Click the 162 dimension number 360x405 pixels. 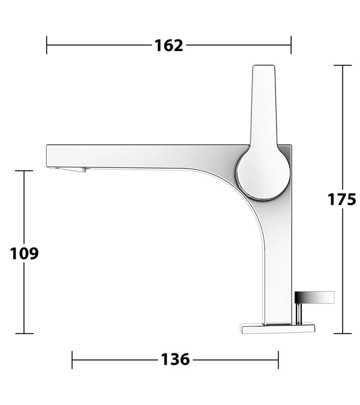(169, 46)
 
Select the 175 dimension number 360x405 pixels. (341, 199)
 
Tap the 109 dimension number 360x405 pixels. (24, 253)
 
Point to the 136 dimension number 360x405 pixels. (175, 359)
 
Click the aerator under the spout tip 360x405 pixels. (68, 169)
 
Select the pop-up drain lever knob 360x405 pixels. (314, 297)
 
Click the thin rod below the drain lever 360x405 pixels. (299, 314)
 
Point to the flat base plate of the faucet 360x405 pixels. (278, 328)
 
